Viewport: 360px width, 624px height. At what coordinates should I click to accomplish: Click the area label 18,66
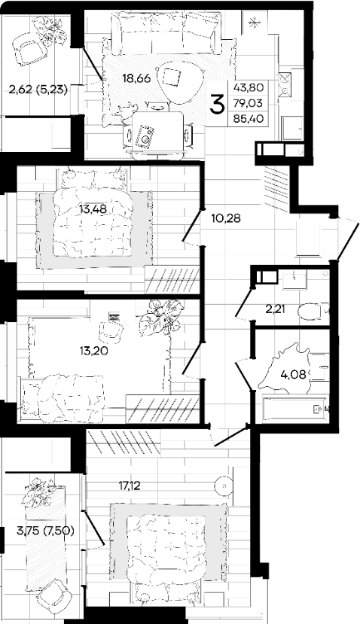click(x=136, y=78)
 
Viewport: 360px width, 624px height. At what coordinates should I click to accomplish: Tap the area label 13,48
click(x=93, y=209)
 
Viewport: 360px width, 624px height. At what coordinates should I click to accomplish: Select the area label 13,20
click(x=93, y=351)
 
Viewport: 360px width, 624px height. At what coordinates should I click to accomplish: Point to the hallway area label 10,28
click(x=225, y=218)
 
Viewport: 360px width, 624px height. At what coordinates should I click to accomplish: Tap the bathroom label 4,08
click(x=294, y=373)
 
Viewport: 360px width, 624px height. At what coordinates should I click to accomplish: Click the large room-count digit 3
click(x=218, y=105)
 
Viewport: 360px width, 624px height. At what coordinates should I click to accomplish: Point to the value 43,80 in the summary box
click(x=252, y=88)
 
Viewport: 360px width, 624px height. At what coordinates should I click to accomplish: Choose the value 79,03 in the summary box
click(x=252, y=103)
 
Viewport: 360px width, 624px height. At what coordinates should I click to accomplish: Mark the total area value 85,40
click(x=252, y=119)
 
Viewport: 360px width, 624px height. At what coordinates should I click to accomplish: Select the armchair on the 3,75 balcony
click(x=52, y=597)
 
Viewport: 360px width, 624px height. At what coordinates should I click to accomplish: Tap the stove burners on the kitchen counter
click(x=285, y=84)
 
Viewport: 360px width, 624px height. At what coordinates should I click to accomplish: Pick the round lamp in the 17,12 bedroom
click(x=224, y=486)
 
